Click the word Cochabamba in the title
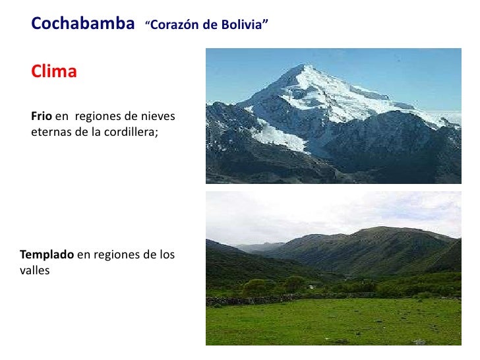78,24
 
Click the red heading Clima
54,72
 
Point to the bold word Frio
41,117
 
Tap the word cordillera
130,131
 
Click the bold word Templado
47,255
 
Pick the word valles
35,270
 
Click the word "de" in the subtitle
212,26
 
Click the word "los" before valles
166,255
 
